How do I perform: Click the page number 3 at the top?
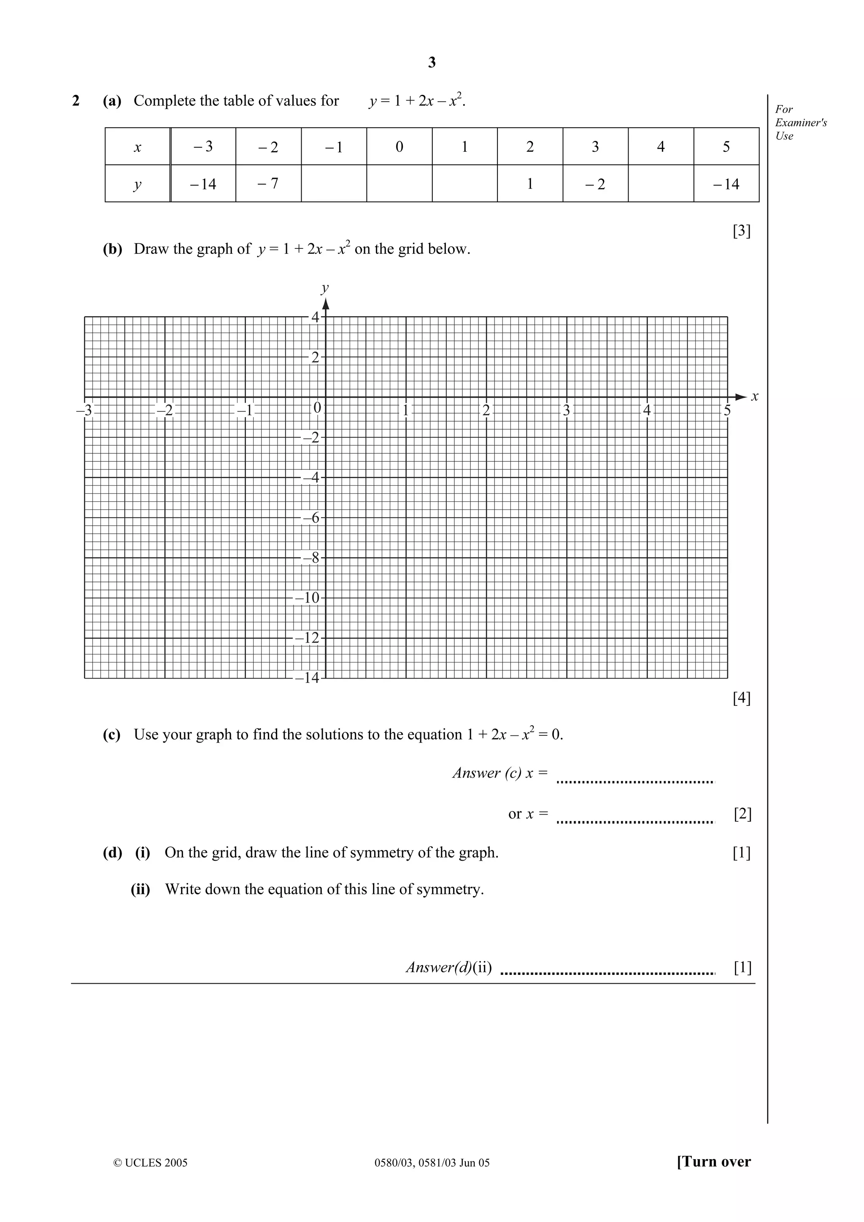tap(432, 63)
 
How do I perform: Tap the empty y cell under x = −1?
tap(334, 183)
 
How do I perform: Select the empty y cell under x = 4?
tap(661, 183)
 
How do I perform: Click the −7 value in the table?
tap(268, 183)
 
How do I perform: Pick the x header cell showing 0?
tap(399, 147)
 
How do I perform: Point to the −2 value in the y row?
tap(595, 184)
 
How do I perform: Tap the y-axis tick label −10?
tap(307, 598)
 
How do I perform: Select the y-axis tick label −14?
tap(307, 678)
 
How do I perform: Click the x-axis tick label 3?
tap(567, 410)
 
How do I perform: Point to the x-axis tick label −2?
tap(165, 410)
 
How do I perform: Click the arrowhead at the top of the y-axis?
tap(326, 304)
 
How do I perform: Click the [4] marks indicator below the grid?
tap(742, 698)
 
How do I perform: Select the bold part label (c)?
tap(112, 735)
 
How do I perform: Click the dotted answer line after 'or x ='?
tap(635, 822)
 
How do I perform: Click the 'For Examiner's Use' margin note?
tap(800, 122)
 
